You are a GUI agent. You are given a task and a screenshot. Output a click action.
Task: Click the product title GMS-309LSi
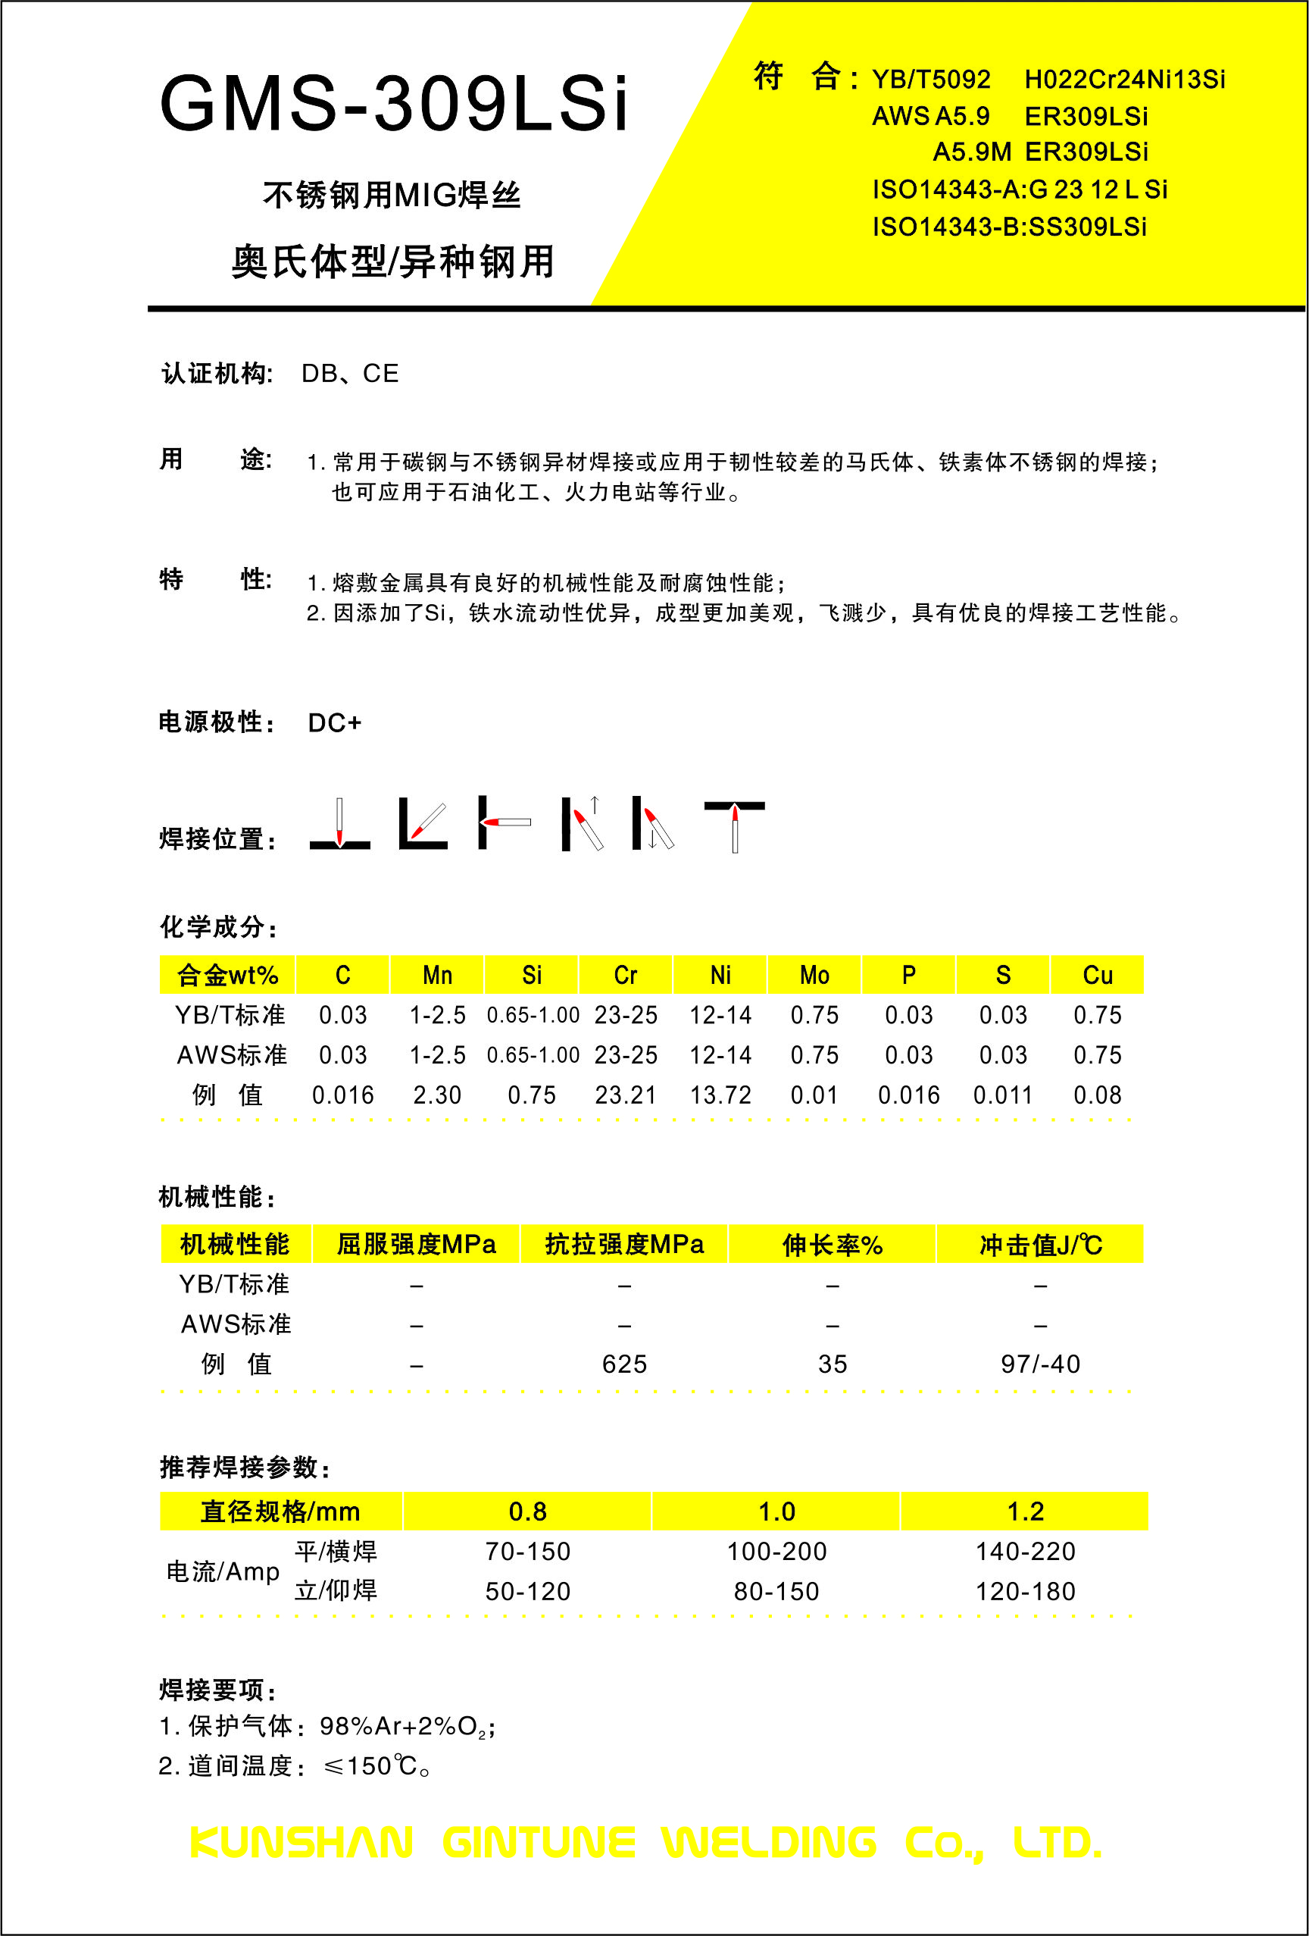393,104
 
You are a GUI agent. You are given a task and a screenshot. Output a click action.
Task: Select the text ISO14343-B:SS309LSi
1009,227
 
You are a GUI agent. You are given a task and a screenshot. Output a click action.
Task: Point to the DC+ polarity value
335,722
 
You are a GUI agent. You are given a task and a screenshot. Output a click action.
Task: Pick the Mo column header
814,975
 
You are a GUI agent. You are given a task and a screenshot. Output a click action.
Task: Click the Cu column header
1098,975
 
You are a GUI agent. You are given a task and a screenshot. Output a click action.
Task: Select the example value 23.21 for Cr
626,1095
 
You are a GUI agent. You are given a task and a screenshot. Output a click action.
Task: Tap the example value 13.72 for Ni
720,1095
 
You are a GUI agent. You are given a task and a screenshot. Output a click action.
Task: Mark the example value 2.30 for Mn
437,1095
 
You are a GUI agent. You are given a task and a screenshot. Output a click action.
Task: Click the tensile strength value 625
624,1364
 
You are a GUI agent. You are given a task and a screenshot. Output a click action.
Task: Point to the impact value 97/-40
1040,1364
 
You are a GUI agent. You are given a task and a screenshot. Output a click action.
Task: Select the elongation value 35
832,1364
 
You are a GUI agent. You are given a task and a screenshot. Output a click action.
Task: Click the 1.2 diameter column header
1025,1512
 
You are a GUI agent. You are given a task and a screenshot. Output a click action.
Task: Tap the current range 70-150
528,1551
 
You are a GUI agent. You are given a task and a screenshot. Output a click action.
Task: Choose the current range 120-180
1025,1591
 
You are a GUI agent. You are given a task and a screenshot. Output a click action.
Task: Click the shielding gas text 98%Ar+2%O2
406,1726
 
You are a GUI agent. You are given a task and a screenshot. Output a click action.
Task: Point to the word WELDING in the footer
769,1842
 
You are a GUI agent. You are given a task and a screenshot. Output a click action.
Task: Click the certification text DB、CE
350,373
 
